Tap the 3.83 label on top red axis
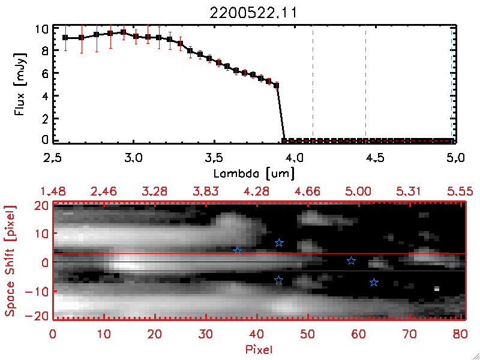(206, 191)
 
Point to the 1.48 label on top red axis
(53, 191)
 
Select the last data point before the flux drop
(276, 86)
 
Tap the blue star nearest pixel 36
(238, 251)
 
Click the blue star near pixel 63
(374, 282)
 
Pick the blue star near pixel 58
(352, 260)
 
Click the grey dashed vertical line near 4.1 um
(313, 84)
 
